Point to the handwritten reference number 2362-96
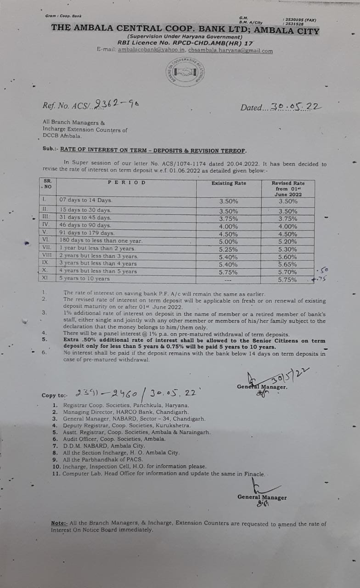tap(118, 104)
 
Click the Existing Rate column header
tap(229, 183)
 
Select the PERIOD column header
tap(127, 182)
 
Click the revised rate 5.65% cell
tap(287, 265)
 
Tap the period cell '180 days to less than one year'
tap(101, 241)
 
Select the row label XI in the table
tap(45, 278)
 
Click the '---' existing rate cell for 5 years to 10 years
tap(228, 279)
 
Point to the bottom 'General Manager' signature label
tap(262, 498)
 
